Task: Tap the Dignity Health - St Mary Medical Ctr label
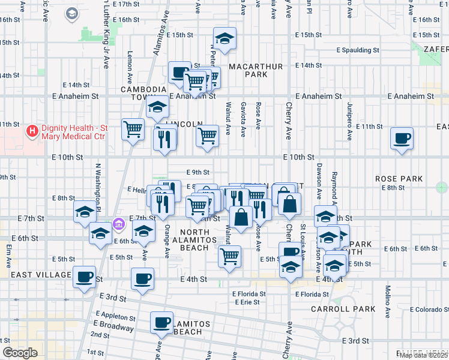pyautogui.click(x=71, y=132)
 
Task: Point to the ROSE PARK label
pyautogui.click(x=399, y=179)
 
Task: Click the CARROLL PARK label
pyautogui.click(x=343, y=309)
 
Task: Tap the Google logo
pyautogui.click(x=19, y=353)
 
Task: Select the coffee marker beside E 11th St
pyautogui.click(x=402, y=138)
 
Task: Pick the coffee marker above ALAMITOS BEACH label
pyautogui.click(x=161, y=322)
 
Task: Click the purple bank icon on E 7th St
pyautogui.click(x=119, y=224)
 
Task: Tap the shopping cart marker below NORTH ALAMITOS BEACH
pyautogui.click(x=229, y=256)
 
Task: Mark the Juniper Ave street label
pyautogui.click(x=349, y=115)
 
